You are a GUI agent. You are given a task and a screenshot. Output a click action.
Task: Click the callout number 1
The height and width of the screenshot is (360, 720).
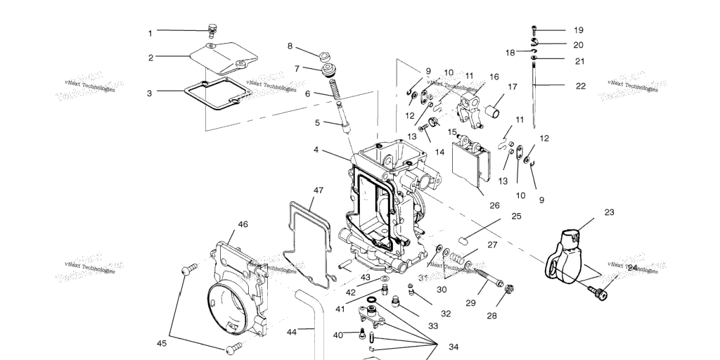tap(150, 33)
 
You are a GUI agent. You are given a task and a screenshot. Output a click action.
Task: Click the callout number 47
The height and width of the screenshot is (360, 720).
tap(319, 191)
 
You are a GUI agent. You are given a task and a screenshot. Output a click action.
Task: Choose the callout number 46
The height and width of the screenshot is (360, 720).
tap(243, 224)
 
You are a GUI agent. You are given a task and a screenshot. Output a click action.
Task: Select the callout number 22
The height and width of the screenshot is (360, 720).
tap(580, 86)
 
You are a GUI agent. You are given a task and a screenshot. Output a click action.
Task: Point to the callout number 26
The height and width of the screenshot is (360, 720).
tap(494, 205)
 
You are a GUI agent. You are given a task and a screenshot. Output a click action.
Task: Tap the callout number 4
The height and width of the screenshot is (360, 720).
tap(316, 150)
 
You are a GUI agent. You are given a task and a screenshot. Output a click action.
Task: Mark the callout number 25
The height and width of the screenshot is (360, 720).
tap(516, 216)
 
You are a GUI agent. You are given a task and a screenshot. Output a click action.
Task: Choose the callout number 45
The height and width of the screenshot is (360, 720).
tap(162, 343)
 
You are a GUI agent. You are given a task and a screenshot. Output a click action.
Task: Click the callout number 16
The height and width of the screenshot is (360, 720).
tap(494, 77)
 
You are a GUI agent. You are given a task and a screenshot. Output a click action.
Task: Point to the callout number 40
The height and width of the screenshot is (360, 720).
tap(337, 335)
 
